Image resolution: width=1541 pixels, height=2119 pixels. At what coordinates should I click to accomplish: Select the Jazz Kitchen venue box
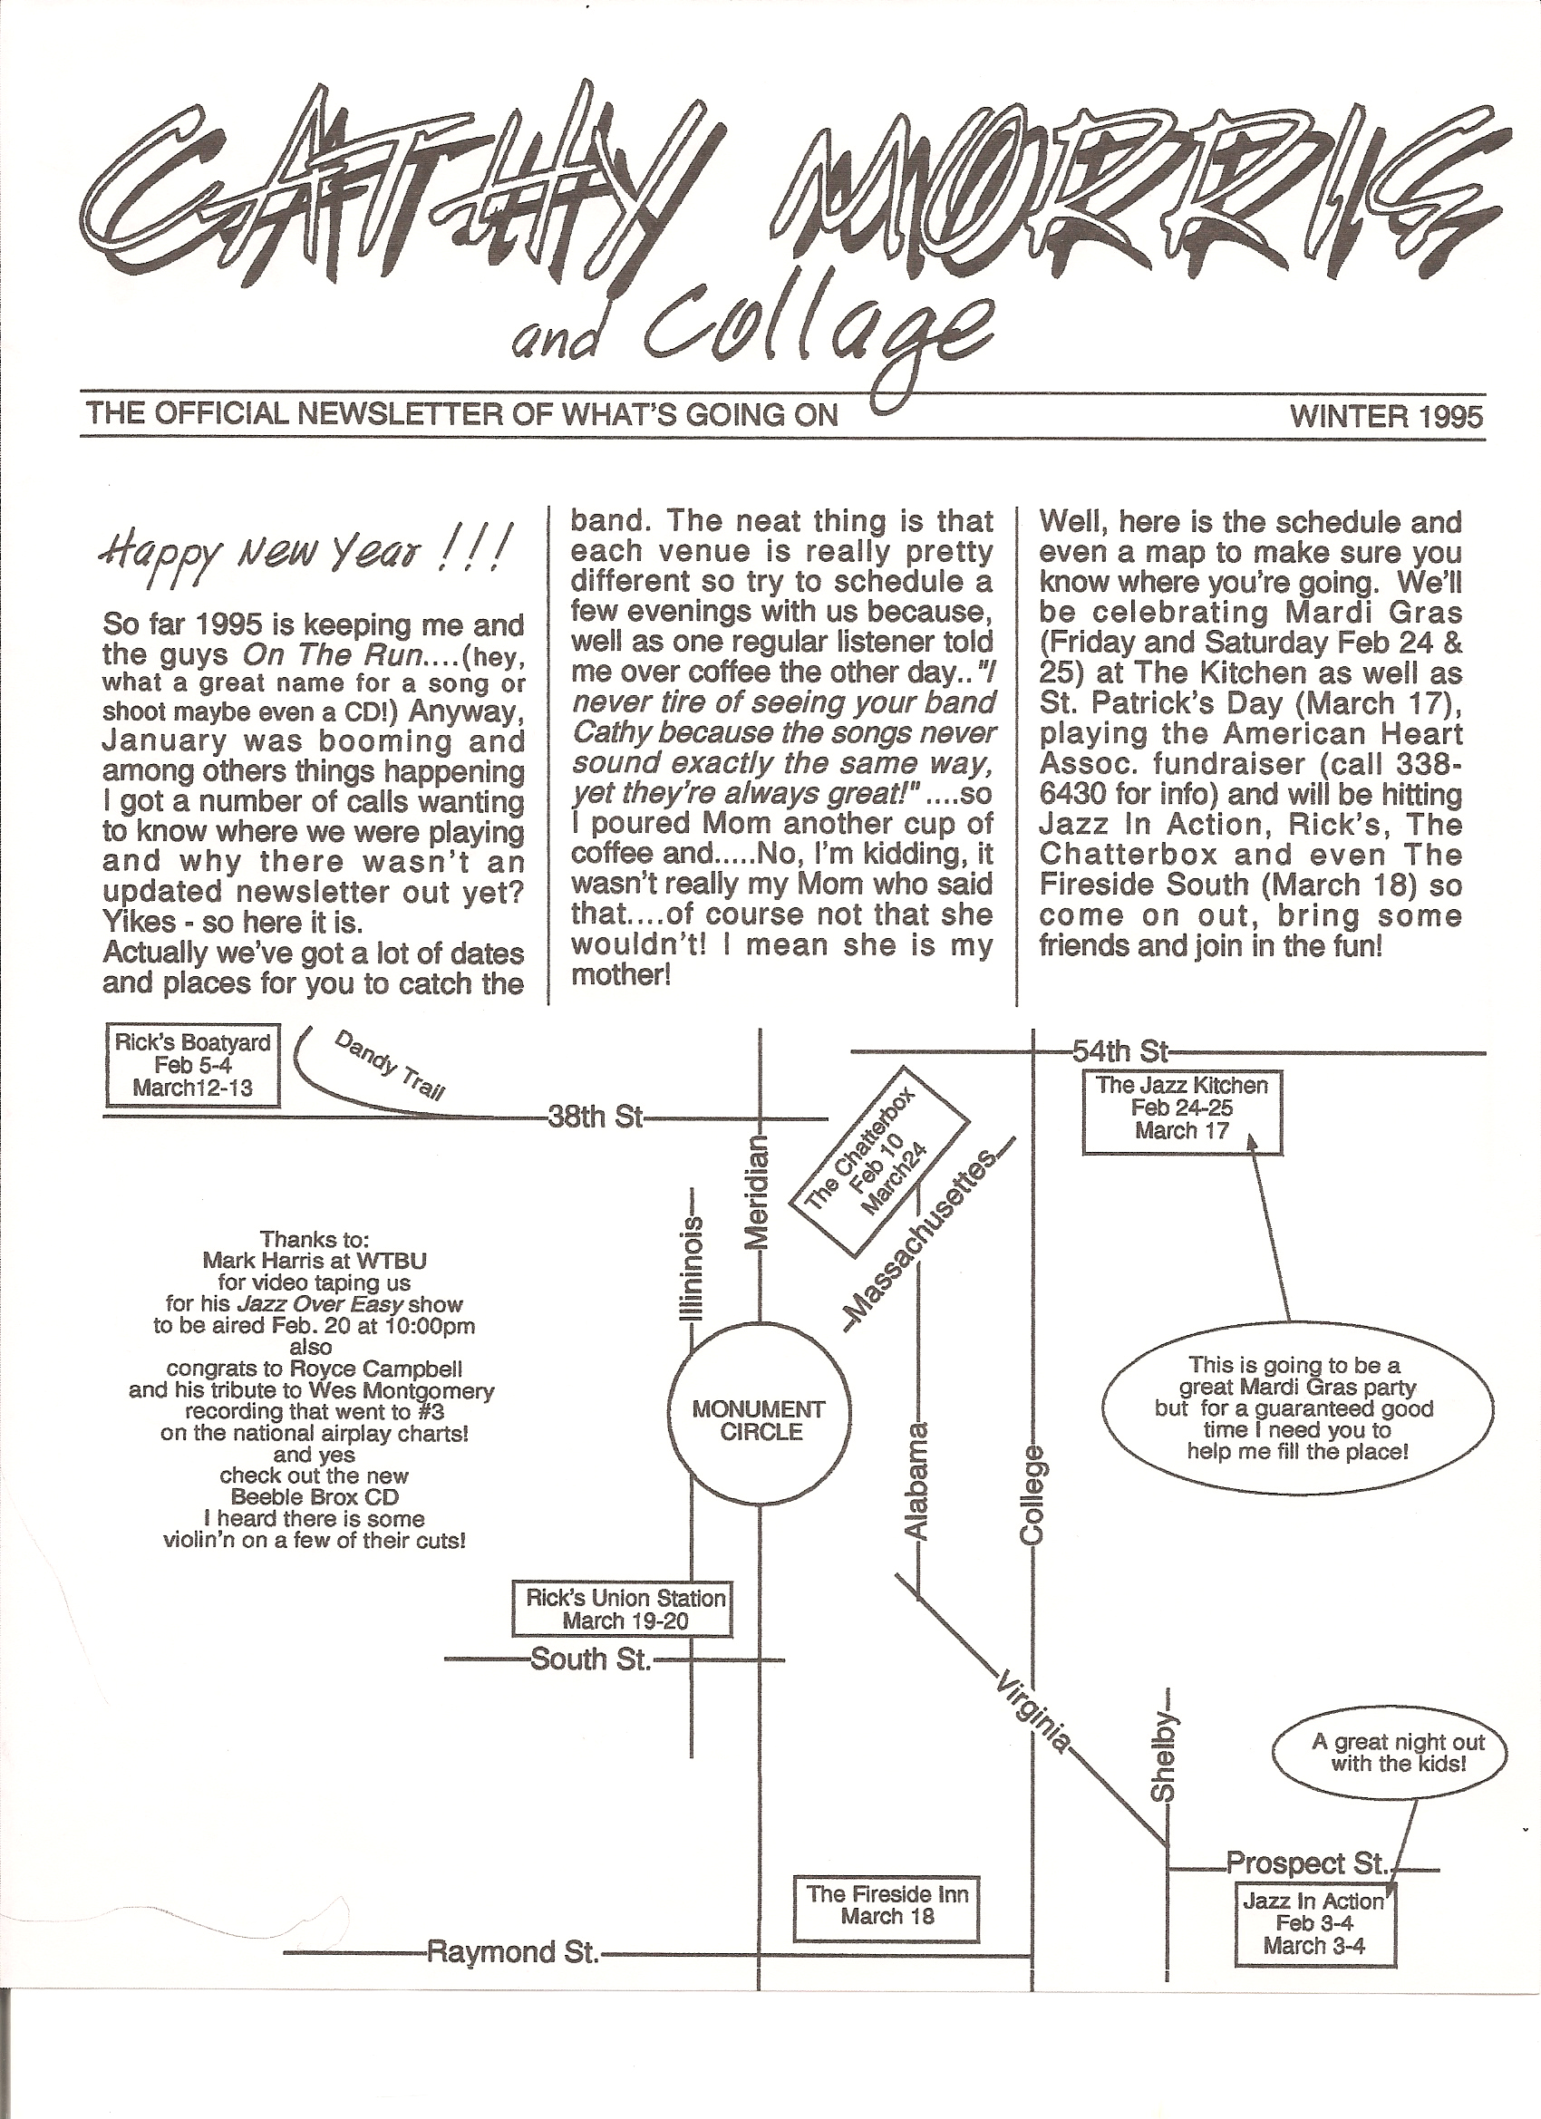coord(1182,1113)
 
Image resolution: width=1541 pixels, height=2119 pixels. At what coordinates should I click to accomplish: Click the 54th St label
coord(1120,1053)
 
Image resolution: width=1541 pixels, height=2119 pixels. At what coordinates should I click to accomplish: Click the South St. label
coord(590,1659)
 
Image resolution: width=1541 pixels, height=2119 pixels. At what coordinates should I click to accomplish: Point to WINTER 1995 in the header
coord(1387,415)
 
